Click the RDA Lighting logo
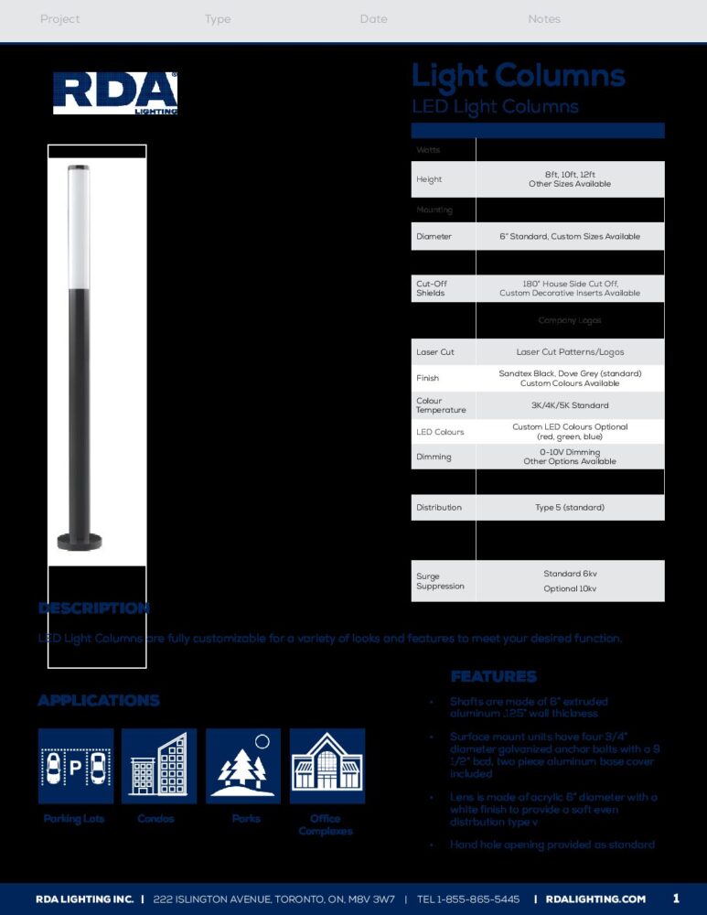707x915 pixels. click(x=115, y=93)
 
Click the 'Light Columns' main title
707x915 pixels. click(x=518, y=76)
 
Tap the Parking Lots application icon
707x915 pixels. click(x=76, y=766)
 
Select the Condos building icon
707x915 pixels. click(x=159, y=766)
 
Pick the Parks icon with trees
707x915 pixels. click(x=243, y=766)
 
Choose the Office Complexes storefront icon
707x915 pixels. click(x=327, y=766)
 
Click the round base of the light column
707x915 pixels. click(x=80, y=541)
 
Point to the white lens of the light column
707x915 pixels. click(x=80, y=229)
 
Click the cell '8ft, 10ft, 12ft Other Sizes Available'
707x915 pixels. click(x=569, y=179)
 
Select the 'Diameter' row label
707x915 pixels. click(x=434, y=236)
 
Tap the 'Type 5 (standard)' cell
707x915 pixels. click(x=569, y=507)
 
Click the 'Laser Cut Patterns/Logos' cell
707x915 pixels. click(x=569, y=351)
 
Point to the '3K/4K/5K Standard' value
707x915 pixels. click(x=569, y=405)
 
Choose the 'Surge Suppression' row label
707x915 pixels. click(x=440, y=581)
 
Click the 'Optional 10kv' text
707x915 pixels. click(x=569, y=588)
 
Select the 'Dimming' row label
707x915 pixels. click(x=434, y=457)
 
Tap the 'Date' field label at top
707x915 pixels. click(x=373, y=19)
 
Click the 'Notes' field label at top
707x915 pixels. click(x=544, y=19)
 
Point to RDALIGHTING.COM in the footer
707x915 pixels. click(x=595, y=899)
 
